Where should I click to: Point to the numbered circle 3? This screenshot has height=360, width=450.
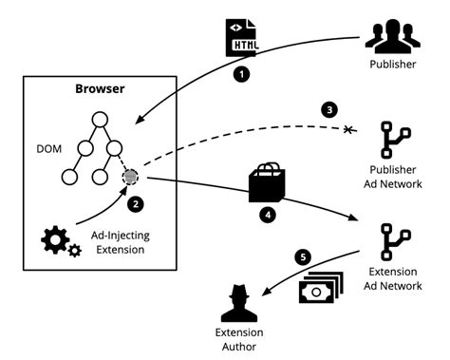point(330,109)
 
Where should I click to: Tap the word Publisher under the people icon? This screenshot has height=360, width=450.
point(391,66)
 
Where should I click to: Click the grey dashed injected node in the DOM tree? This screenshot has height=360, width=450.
point(130,177)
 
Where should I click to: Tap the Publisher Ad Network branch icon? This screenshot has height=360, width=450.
point(391,142)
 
